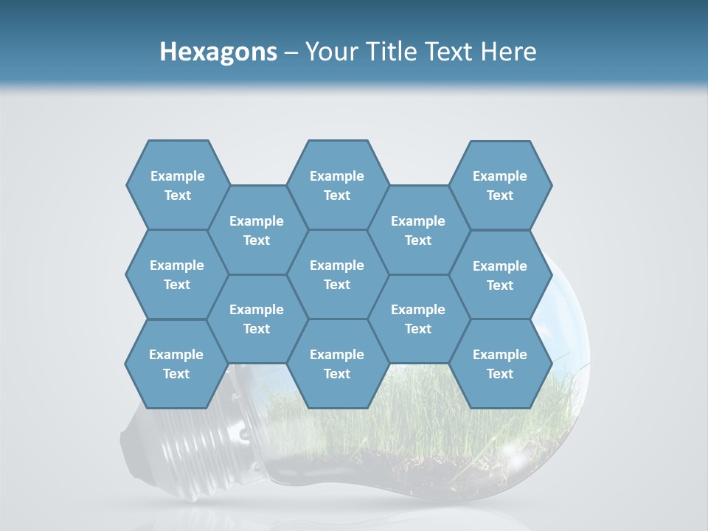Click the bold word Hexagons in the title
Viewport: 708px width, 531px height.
218,52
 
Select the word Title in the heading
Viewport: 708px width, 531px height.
392,52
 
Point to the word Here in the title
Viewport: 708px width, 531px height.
508,52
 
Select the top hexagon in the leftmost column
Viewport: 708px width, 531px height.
177,185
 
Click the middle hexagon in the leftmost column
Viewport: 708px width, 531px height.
177,274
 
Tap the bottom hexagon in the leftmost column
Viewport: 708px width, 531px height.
176,364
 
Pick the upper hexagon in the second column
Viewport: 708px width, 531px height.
257,230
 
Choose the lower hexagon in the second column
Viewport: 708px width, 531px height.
257,319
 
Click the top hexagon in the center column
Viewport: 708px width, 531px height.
337,185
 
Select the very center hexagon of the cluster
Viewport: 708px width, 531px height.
337,274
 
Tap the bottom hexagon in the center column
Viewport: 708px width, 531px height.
337,364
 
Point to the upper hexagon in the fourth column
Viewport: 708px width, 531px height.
418,230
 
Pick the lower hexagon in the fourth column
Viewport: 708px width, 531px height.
418,319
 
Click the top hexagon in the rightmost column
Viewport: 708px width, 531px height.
500,185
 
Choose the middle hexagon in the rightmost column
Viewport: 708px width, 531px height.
500,275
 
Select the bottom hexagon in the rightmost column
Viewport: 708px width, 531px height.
500,364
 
